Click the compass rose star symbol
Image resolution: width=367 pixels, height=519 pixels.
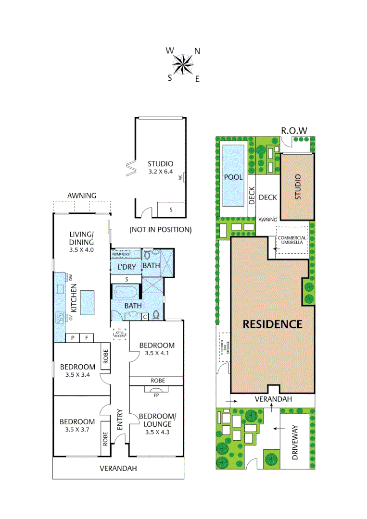click(x=183, y=64)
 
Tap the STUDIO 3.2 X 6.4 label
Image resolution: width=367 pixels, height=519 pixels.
click(x=160, y=167)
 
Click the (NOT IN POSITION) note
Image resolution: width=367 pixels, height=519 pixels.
click(x=160, y=230)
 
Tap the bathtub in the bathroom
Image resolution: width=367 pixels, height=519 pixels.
click(x=126, y=292)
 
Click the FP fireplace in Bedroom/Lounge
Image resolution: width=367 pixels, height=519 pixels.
click(x=156, y=395)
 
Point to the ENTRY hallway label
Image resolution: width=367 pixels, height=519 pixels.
click(x=119, y=420)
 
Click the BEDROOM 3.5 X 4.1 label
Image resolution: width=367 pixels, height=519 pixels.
click(x=156, y=349)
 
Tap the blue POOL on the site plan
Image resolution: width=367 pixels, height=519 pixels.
click(x=233, y=176)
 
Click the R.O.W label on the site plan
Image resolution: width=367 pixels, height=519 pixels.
click(x=294, y=130)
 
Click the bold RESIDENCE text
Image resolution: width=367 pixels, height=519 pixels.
click(x=272, y=324)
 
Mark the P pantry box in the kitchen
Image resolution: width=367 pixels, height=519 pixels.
click(x=73, y=337)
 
